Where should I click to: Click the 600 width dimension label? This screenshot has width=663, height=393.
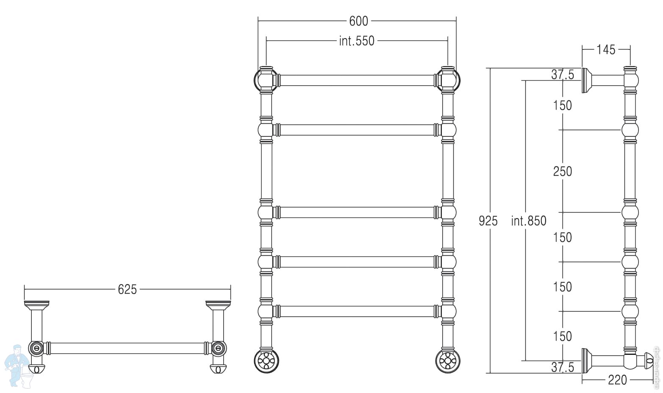point(358,21)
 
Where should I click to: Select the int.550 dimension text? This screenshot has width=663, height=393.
point(357,41)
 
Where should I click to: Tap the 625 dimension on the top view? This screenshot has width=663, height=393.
point(127,290)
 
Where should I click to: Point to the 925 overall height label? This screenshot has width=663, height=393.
point(488,221)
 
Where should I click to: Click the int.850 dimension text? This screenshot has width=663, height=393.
point(529,221)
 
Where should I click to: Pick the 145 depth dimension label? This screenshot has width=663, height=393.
point(606,50)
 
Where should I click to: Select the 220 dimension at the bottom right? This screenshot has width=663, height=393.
point(617,380)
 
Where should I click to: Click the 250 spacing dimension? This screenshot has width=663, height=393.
point(562,172)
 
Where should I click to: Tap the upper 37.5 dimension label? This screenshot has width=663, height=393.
point(562,75)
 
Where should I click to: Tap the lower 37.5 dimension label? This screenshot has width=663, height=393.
point(562,367)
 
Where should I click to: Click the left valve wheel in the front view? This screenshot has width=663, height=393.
point(266,361)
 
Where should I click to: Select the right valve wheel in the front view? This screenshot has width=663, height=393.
point(448,361)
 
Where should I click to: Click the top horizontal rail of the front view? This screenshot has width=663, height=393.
point(357,80)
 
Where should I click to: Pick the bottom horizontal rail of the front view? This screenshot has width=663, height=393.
point(357,311)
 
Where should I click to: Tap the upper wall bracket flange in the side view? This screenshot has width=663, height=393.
point(586,80)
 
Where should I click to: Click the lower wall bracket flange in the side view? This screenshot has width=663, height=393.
point(586,361)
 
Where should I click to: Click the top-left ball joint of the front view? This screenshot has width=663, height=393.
point(266,80)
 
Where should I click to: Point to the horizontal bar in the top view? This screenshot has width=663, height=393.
point(127,348)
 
